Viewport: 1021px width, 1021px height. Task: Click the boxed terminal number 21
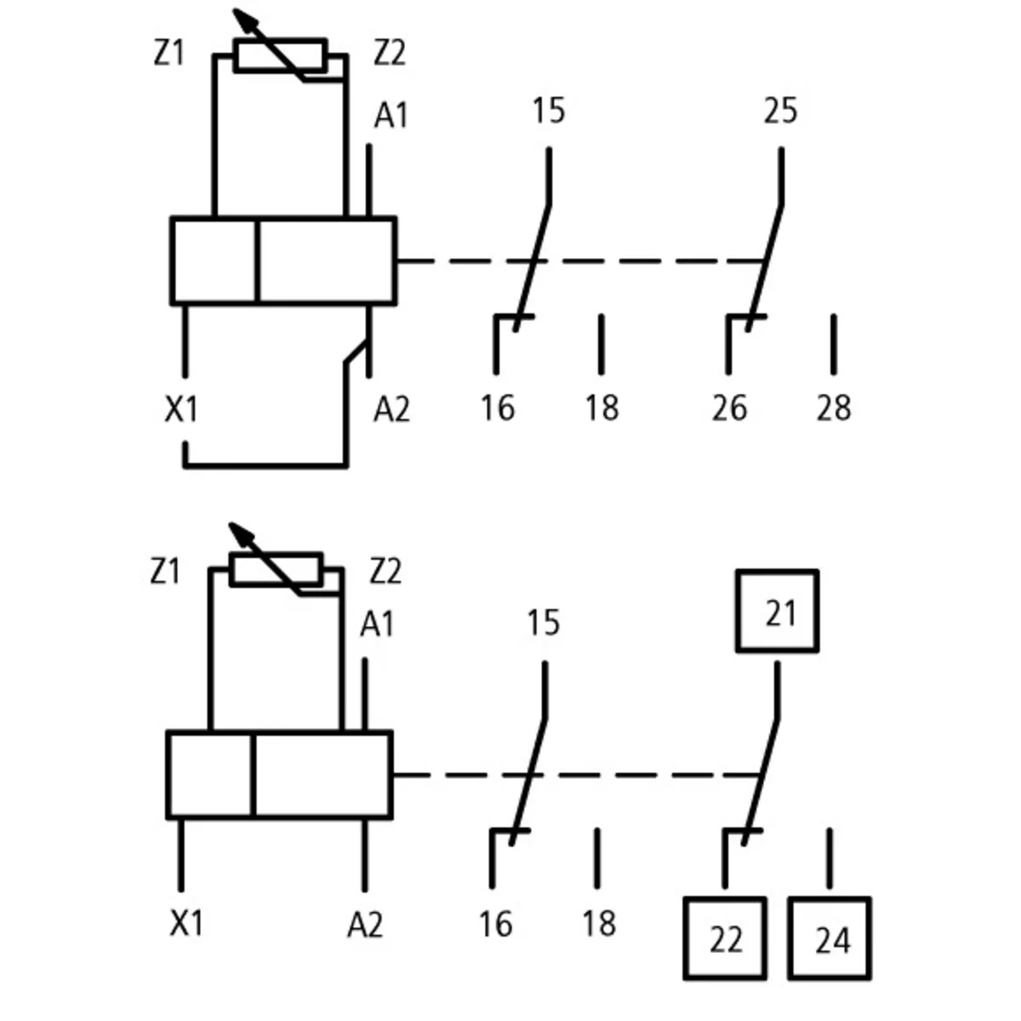tap(778, 612)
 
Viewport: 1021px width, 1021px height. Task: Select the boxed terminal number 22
tap(725, 939)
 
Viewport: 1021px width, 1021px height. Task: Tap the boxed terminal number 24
tap(830, 939)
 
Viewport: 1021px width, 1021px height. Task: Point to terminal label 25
tap(779, 111)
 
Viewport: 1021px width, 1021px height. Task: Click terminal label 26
tap(729, 408)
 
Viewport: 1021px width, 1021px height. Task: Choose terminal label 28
tap(833, 408)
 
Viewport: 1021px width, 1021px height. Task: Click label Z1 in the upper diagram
tap(168, 54)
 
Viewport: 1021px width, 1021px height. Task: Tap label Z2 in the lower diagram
tap(385, 571)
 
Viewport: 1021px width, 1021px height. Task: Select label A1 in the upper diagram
tap(391, 116)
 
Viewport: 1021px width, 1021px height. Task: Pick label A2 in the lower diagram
tap(365, 924)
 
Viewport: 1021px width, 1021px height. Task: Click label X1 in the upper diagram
tap(180, 410)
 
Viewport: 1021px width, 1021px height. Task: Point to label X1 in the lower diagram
tap(185, 922)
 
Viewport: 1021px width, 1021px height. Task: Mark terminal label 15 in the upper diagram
tap(548, 111)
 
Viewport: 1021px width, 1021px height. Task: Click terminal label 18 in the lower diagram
tap(598, 923)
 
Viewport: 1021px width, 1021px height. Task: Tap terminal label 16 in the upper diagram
tap(497, 408)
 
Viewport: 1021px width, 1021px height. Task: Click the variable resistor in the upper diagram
tap(280, 56)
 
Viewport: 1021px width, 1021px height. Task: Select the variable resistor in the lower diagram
tap(276, 570)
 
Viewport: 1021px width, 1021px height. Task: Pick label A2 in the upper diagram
tap(391, 410)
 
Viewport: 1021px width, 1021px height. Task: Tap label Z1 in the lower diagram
tap(165, 571)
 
